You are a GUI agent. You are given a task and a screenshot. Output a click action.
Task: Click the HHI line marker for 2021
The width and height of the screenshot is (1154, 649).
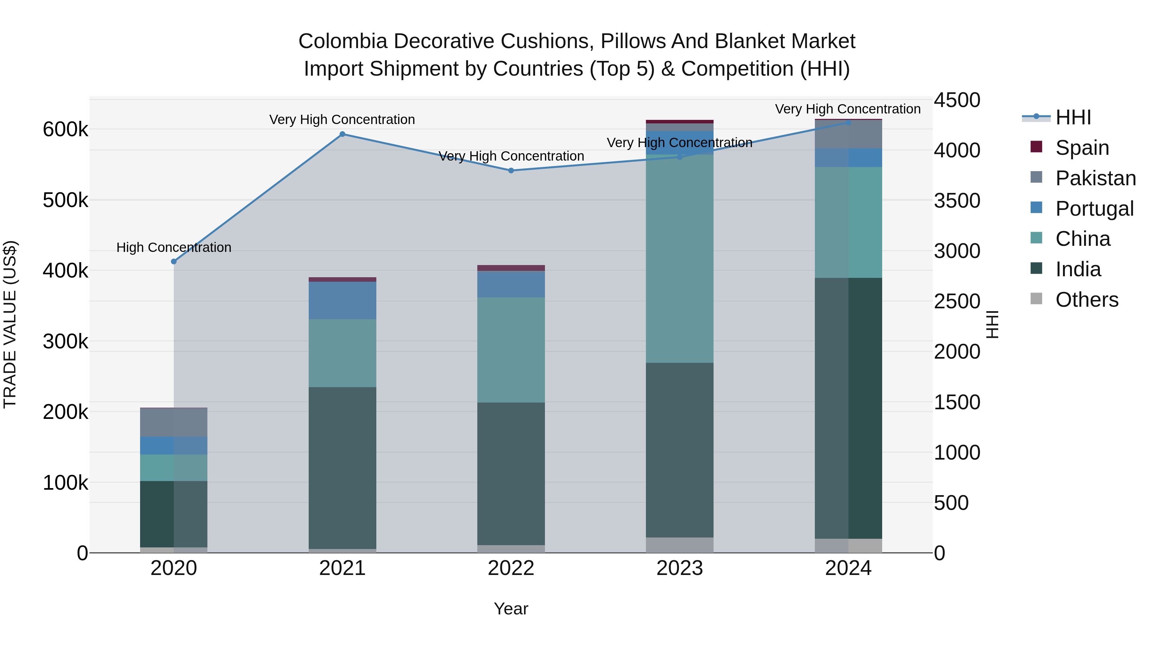[342, 134]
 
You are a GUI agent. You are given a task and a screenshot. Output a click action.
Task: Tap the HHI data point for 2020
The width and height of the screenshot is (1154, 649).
[174, 262]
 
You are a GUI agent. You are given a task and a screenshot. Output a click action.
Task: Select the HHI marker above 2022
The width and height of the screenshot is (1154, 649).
[511, 171]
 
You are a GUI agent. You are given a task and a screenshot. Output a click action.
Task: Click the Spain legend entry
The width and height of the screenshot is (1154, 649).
[1082, 148]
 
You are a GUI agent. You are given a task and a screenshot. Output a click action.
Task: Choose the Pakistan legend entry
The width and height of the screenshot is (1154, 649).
[1095, 178]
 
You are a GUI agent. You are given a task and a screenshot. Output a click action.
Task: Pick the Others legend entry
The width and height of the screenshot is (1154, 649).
[1086, 300]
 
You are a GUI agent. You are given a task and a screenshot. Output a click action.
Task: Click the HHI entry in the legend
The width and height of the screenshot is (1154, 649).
[1073, 117]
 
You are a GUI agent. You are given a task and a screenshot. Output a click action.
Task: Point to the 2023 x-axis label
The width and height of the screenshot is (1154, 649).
[680, 568]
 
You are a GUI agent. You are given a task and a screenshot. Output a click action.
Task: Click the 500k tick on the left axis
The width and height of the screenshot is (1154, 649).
[65, 200]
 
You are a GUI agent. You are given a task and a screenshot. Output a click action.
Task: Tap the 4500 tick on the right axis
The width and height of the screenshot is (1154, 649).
[957, 100]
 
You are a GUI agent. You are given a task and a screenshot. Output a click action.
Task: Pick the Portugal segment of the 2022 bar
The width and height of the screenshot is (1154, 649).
[511, 284]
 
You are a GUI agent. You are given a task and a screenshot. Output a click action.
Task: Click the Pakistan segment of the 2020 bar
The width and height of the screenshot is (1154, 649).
[174, 422]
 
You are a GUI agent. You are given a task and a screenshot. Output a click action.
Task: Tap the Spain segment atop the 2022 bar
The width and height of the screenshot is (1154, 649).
[511, 268]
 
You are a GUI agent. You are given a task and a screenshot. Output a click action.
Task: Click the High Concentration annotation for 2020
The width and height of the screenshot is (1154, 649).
[174, 247]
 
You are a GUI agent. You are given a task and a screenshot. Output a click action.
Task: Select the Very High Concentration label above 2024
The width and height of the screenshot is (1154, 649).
[848, 109]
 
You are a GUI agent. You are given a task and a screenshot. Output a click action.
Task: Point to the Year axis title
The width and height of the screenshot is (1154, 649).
[511, 609]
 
